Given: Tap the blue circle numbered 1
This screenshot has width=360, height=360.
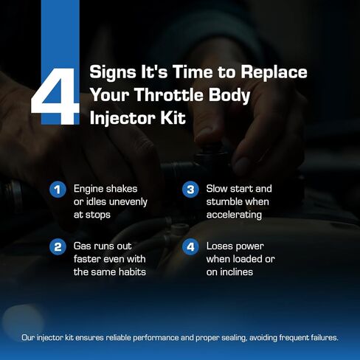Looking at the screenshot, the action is (x=58, y=190).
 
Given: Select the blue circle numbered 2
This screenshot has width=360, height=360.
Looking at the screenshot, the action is (x=58, y=246).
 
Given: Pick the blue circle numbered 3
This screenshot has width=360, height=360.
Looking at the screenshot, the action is (x=190, y=190).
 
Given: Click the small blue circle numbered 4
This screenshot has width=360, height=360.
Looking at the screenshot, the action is (x=190, y=246).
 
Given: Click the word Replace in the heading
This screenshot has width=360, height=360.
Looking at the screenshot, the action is (x=274, y=73).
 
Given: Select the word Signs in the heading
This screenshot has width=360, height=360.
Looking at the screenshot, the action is (x=113, y=73).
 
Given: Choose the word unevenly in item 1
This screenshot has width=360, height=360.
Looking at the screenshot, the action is (x=128, y=202).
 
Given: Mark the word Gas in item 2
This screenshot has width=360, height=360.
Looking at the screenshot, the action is (x=82, y=246).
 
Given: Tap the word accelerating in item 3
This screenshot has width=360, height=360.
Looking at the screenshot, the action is (x=234, y=215).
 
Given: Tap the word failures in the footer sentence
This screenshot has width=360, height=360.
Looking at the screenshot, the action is (x=325, y=338).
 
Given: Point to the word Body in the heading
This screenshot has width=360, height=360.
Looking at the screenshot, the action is (x=229, y=96).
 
